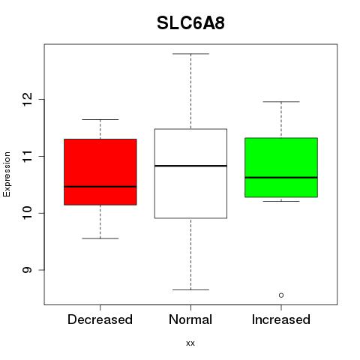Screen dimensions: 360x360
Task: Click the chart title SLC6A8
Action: tap(190, 23)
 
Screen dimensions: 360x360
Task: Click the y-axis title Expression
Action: tap(7, 174)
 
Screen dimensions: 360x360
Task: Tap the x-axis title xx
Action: tap(190, 343)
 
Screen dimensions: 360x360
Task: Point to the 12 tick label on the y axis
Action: tap(27, 99)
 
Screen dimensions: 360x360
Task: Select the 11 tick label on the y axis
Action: tap(27, 156)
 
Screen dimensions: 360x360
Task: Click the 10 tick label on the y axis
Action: tap(27, 213)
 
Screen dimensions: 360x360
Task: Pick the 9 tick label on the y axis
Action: tap(27, 270)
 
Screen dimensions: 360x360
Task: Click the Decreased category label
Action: tap(100, 319)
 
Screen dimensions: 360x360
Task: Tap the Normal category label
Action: tap(190, 319)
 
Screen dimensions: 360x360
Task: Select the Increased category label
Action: tap(281, 319)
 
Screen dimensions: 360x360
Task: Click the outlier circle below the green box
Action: tap(281, 295)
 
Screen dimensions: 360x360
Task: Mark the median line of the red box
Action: tap(100, 187)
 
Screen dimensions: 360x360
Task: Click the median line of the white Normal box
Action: tap(190, 166)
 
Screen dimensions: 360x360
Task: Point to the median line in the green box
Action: tap(281, 178)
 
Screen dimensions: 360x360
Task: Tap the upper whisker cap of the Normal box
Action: tap(190, 54)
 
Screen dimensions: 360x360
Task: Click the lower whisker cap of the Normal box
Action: tap(190, 289)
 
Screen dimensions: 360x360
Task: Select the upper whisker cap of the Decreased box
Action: tap(100, 120)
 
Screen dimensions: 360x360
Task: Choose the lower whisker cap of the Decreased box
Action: tap(100, 238)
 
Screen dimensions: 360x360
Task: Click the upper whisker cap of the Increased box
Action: tap(281, 102)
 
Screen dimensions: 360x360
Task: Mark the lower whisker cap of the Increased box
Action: tap(281, 201)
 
